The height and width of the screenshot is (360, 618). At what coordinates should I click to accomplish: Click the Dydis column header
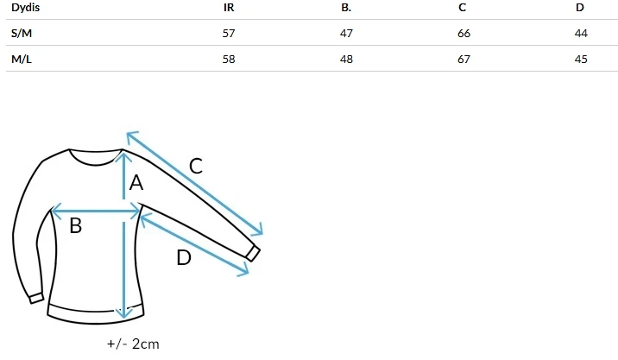[25, 8]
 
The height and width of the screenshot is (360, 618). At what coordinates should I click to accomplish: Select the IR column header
[229, 8]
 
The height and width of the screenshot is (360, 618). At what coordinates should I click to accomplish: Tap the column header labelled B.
[346, 8]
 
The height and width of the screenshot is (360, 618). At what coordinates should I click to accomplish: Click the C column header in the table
[462, 8]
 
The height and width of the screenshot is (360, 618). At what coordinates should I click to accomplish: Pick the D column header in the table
[579, 8]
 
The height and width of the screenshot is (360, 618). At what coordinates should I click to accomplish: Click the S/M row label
[22, 33]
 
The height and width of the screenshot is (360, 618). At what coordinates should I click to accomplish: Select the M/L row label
[22, 60]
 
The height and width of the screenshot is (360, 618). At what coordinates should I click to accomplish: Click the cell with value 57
[229, 33]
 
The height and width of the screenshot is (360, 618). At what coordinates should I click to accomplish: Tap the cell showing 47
[346, 33]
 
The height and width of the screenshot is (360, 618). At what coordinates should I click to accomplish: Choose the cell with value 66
[463, 33]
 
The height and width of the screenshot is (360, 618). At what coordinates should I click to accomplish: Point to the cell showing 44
[581, 33]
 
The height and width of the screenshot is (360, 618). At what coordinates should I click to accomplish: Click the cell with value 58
[229, 60]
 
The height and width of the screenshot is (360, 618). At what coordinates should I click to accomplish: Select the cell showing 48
[346, 60]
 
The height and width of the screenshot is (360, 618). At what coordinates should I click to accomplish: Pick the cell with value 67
[463, 60]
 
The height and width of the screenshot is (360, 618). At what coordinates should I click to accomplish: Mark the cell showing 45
[581, 60]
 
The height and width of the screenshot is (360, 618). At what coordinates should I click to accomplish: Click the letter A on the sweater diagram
[136, 183]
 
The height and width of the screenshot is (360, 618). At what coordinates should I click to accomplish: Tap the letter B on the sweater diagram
[76, 225]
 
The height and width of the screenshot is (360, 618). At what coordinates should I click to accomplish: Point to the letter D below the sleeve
[184, 258]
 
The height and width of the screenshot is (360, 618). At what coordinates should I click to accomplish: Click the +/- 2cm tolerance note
[133, 344]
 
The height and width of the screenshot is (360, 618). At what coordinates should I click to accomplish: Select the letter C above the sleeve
[196, 166]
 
